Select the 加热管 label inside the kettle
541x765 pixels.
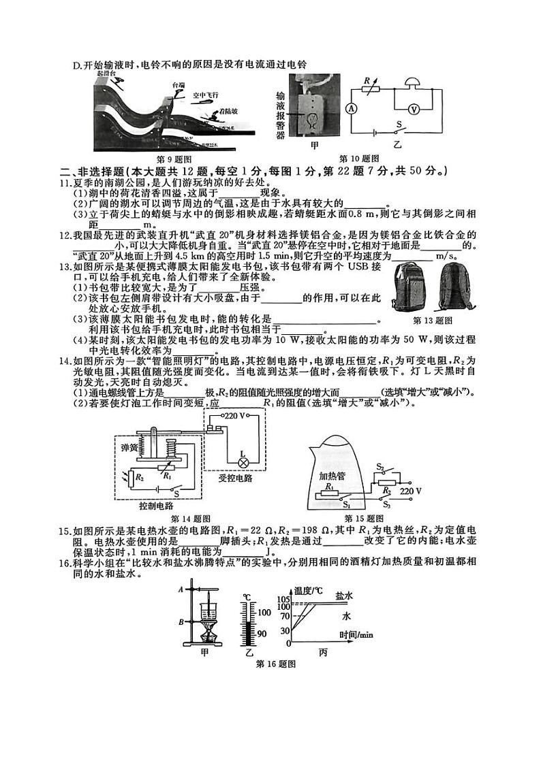pyautogui.click(x=333, y=476)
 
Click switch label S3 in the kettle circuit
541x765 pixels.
pyautogui.click(x=386, y=504)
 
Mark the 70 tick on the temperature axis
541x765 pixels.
pyautogui.click(x=285, y=616)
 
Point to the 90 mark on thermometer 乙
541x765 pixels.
pyautogui.click(x=263, y=634)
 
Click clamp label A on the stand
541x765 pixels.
pyautogui.click(x=179, y=589)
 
